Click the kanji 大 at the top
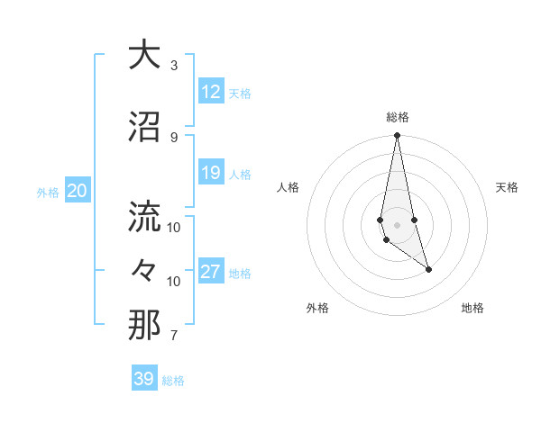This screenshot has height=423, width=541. (144, 55)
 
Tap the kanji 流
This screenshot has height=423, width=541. (144, 216)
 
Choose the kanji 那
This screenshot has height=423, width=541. (144, 325)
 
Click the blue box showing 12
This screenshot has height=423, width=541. (211, 92)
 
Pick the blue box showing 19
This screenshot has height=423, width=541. (211, 173)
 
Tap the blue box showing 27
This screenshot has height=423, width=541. (211, 272)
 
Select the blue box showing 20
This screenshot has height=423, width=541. (78, 191)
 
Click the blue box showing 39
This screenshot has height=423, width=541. (143, 379)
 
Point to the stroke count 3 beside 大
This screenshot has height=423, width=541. (174, 66)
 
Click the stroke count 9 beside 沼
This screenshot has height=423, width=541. (174, 137)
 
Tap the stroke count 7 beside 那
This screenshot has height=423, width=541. (174, 336)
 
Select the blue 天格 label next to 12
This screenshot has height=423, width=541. (240, 93)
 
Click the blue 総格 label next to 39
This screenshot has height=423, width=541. (173, 381)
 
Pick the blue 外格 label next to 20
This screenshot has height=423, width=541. (48, 192)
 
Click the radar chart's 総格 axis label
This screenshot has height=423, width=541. (397, 117)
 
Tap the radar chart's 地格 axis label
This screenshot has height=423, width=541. (472, 308)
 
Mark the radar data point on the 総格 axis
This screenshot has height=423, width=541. (397, 136)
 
